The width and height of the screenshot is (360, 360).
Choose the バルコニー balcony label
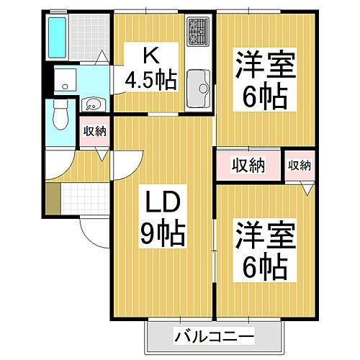click(213, 336)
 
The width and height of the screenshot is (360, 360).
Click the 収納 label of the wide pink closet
click(248, 165)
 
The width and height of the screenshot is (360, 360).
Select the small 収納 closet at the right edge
click(300, 165)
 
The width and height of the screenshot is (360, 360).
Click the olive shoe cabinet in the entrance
click(51, 199)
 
